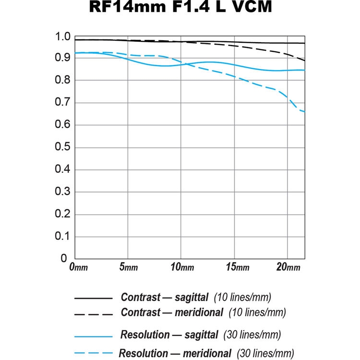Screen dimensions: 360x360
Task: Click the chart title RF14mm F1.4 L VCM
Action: [180, 8]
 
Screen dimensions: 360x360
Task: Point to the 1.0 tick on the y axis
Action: [63, 37]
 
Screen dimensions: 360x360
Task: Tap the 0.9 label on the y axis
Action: [63, 59]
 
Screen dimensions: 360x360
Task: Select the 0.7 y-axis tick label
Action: [63, 103]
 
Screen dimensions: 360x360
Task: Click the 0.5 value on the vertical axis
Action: [63, 147]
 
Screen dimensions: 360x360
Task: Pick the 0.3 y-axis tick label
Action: [63, 192]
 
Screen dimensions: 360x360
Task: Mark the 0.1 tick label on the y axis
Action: [63, 236]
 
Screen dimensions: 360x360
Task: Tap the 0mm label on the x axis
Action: [78, 267]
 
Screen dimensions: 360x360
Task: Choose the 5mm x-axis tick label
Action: [129, 267]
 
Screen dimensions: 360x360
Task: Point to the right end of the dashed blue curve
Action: [304, 112]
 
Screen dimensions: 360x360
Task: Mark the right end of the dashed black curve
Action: [304, 60]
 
